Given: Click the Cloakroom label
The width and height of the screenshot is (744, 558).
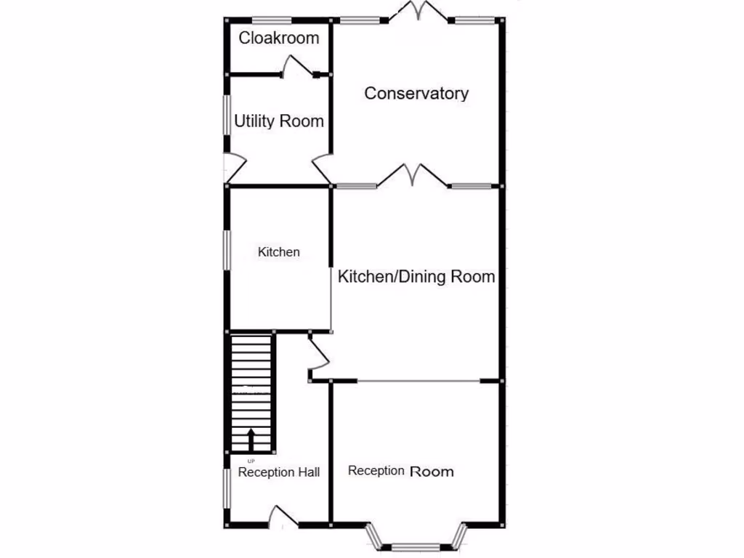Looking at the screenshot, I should (x=279, y=39).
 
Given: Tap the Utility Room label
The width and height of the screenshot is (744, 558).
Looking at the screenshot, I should (x=279, y=121).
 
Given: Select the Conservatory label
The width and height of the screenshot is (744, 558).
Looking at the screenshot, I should (x=416, y=94).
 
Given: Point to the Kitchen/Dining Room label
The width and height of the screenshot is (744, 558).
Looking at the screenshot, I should (x=416, y=277).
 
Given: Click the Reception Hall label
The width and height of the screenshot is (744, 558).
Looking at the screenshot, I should (x=279, y=472).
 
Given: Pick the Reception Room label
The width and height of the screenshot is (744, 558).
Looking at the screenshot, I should (x=401, y=471).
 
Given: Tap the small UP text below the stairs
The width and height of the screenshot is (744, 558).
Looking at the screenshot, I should (x=251, y=461).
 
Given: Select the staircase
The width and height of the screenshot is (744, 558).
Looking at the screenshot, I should (x=252, y=392).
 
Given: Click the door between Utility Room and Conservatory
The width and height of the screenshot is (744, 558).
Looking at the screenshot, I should (x=322, y=169).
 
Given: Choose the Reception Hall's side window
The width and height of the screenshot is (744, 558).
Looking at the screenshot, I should (x=227, y=486).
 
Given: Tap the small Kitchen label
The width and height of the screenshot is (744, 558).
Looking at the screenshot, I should (x=279, y=252).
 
